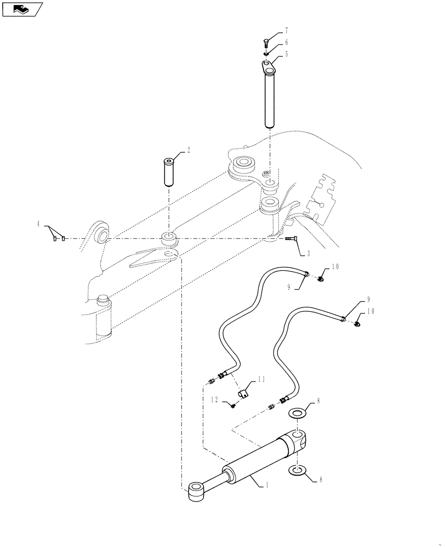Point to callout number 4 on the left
pyautogui.click(x=38, y=224)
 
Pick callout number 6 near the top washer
pyautogui.click(x=286, y=42)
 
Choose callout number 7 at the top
pyautogui.click(x=286, y=30)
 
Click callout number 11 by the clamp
pyautogui.click(x=261, y=378)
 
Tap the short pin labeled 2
pyautogui.click(x=168, y=172)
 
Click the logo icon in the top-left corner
pyautogui.click(x=22, y=9)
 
